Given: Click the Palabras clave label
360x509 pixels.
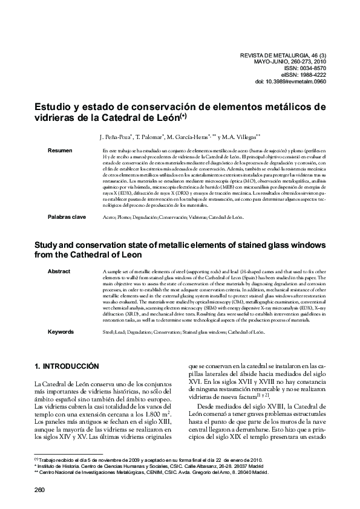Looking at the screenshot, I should (x=68, y=216).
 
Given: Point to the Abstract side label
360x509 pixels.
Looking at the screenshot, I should (x=59, y=271).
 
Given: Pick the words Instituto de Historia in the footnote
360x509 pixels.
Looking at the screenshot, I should (x=61, y=466).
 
